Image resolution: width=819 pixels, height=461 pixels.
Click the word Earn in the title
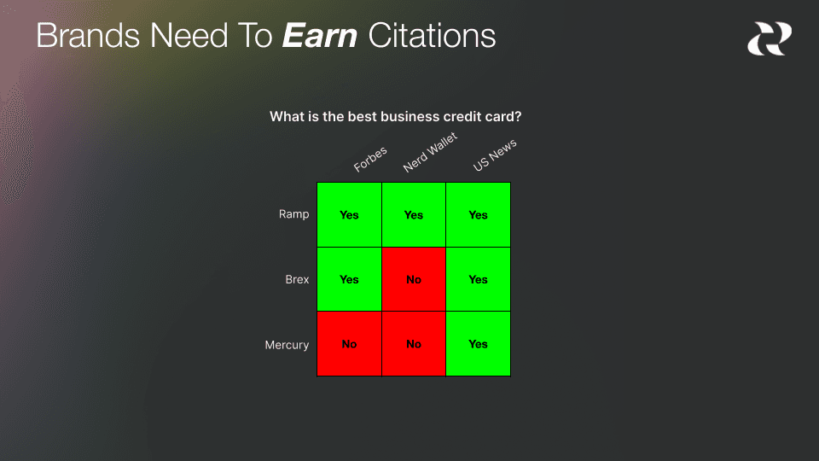[319, 36]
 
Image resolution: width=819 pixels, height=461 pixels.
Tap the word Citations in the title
[432, 36]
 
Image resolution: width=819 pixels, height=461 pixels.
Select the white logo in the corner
[769, 38]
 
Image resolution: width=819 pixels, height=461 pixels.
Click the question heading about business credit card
[395, 116]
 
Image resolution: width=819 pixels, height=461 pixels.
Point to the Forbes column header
[370, 160]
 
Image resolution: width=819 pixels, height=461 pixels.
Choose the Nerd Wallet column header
[430, 153]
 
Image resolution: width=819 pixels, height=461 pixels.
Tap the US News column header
[495, 155]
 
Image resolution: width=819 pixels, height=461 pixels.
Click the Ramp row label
[293, 214]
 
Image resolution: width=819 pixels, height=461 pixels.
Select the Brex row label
[297, 279]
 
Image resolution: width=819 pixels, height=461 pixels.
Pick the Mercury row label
[287, 345]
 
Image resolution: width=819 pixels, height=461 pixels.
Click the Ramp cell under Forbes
[349, 214]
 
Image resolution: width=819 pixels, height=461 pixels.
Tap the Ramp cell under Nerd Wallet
[414, 214]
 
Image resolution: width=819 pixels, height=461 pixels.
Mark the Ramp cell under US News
[478, 214]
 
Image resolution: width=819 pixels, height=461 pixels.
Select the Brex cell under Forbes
[349, 279]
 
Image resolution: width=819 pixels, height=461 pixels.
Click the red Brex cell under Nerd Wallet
[414, 279]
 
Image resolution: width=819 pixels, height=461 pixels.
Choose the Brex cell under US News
[478, 279]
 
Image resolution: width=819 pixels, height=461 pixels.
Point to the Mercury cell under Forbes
[349, 344]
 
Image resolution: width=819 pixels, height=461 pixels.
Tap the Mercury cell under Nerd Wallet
[414, 344]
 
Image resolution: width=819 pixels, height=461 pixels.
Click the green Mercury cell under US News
[478, 344]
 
